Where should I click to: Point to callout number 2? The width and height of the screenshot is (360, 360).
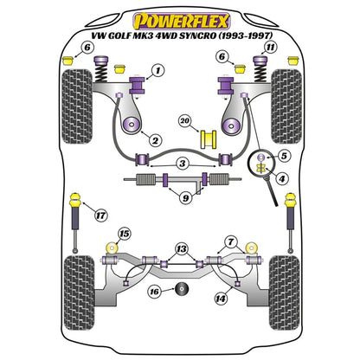[154, 140]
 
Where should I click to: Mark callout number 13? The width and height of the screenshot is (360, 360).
[179, 247]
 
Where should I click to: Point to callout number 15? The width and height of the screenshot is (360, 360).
[124, 235]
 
